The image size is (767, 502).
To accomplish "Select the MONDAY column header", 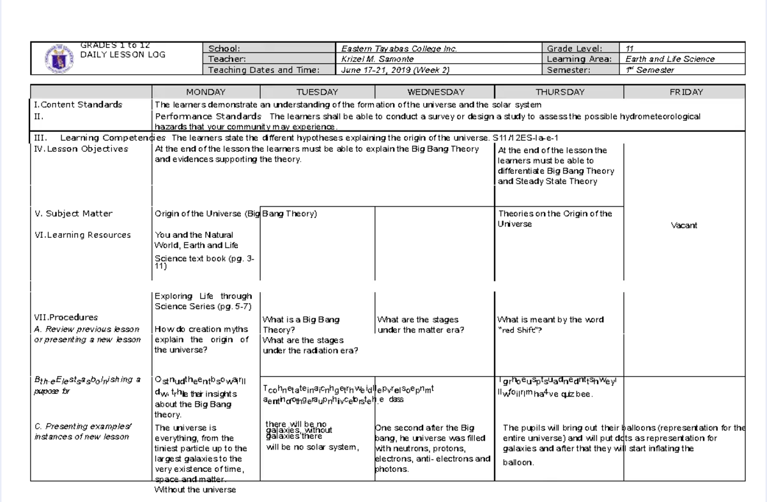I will [206, 92].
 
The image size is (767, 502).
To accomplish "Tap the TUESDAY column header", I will [317, 92].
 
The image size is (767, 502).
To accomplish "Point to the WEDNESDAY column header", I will [435, 92].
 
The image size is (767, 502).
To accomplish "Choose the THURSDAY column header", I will [560, 92].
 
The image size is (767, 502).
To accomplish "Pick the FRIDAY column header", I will [686, 92].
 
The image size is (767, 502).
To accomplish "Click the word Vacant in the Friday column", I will [684, 225].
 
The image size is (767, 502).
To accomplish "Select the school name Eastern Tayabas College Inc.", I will [399, 49].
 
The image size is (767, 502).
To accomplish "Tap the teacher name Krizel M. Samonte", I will [377, 59].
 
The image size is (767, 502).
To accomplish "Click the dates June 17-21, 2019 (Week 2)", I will [396, 70].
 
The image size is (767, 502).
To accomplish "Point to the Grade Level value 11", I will [630, 49].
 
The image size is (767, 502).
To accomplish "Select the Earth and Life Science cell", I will [670, 59].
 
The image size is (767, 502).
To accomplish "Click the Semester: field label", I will [569, 70].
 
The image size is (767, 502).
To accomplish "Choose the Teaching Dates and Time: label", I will [264, 70].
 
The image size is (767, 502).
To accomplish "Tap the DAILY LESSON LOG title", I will [123, 54].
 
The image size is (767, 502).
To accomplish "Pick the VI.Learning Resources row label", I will [82, 235].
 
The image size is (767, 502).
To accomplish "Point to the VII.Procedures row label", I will [66, 317].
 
